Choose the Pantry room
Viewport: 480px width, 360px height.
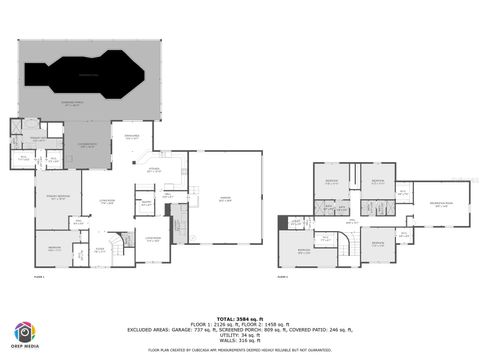(146, 206)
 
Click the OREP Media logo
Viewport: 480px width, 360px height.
(23, 335)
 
